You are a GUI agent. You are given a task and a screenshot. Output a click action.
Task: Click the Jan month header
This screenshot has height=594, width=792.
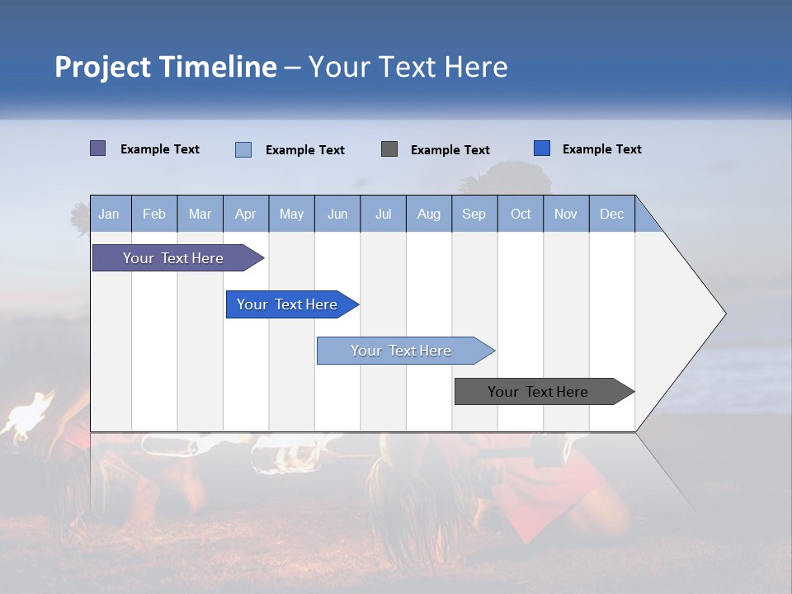tap(109, 214)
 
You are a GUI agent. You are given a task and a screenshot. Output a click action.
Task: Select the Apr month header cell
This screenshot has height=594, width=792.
tap(245, 214)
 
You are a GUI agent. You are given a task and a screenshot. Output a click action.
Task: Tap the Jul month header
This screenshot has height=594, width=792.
tap(383, 214)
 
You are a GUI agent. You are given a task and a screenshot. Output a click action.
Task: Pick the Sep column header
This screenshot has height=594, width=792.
tap(474, 214)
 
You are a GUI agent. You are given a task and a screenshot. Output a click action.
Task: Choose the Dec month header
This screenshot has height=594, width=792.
tap(611, 214)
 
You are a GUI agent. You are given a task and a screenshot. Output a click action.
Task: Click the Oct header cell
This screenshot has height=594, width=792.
tap(520, 214)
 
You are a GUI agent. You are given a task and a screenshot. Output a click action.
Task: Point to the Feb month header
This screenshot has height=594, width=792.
tap(154, 214)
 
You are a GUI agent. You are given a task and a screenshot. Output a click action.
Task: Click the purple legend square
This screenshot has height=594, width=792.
tap(97, 148)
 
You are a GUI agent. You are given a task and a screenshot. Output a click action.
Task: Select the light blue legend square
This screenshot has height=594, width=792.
tap(243, 149)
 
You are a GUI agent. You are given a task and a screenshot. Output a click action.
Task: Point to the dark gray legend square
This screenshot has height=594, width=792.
tap(389, 149)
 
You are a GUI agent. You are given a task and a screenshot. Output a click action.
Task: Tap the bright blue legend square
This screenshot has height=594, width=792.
tap(542, 148)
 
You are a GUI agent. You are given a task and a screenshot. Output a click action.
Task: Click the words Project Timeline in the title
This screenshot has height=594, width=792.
tap(165, 67)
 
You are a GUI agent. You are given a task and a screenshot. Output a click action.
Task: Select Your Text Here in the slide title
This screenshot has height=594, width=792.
tap(408, 67)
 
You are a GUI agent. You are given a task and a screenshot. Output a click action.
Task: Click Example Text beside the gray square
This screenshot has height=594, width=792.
tap(450, 150)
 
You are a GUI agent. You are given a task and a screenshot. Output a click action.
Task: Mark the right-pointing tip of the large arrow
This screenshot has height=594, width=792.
tap(724, 313)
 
